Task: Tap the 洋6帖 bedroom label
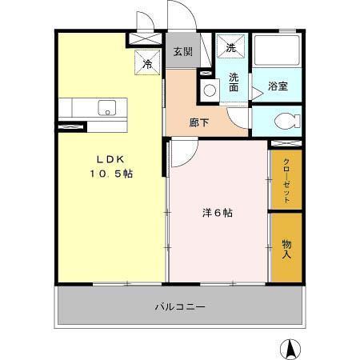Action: click(x=217, y=213)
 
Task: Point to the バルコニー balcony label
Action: click(x=181, y=306)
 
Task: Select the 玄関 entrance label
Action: click(x=182, y=52)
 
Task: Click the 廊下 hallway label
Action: click(x=200, y=123)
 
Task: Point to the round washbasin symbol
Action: click(x=210, y=90)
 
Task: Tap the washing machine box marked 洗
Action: click(x=231, y=49)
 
